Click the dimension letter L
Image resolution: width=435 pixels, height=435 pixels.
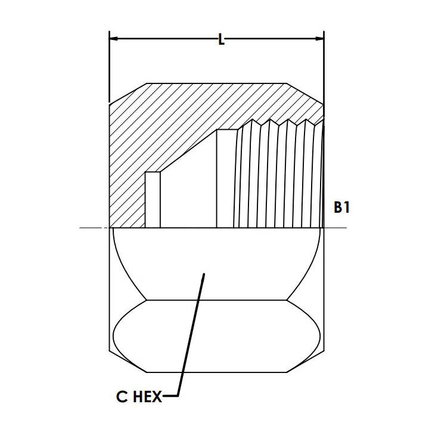(221, 40)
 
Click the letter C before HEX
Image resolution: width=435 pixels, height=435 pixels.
(122, 396)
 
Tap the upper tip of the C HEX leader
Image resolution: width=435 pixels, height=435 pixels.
(204, 275)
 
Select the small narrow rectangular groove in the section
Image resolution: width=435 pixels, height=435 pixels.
(153, 200)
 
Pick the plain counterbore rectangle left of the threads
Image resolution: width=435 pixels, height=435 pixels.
(226, 179)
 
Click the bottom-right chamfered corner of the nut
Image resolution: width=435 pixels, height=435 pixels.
(306, 362)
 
